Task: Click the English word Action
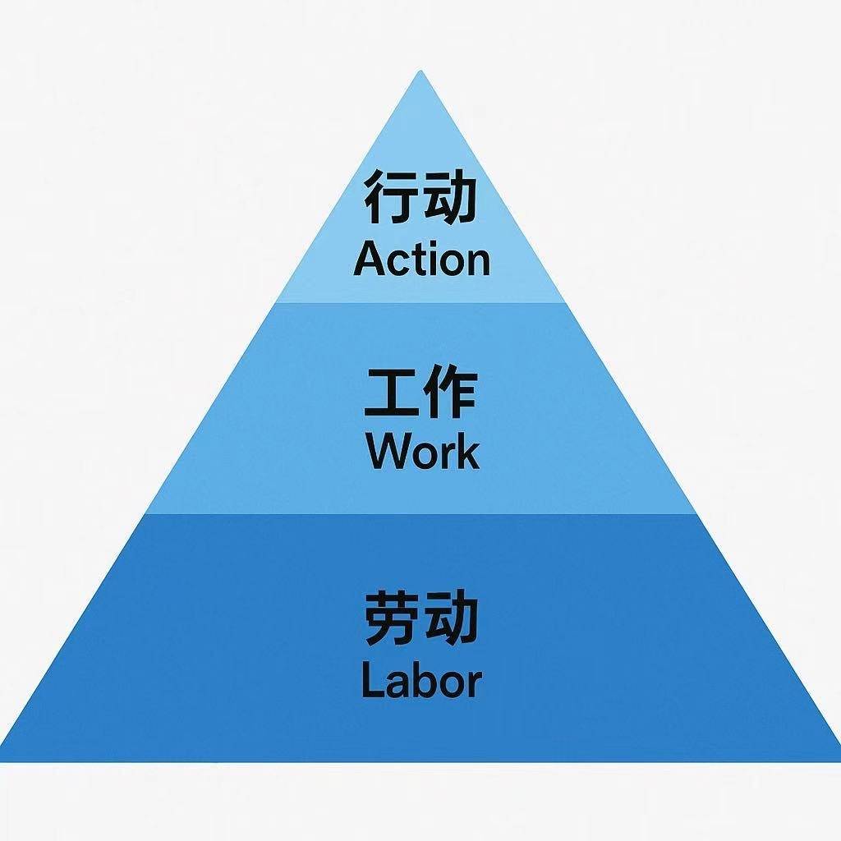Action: (x=421, y=260)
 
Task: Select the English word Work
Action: (x=423, y=451)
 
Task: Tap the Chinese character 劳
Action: (x=391, y=617)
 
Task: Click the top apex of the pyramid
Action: (x=420, y=71)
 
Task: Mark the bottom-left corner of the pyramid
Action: (x=2, y=761)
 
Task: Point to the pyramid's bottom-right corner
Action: (x=839, y=761)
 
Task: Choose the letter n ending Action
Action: (x=477, y=263)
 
